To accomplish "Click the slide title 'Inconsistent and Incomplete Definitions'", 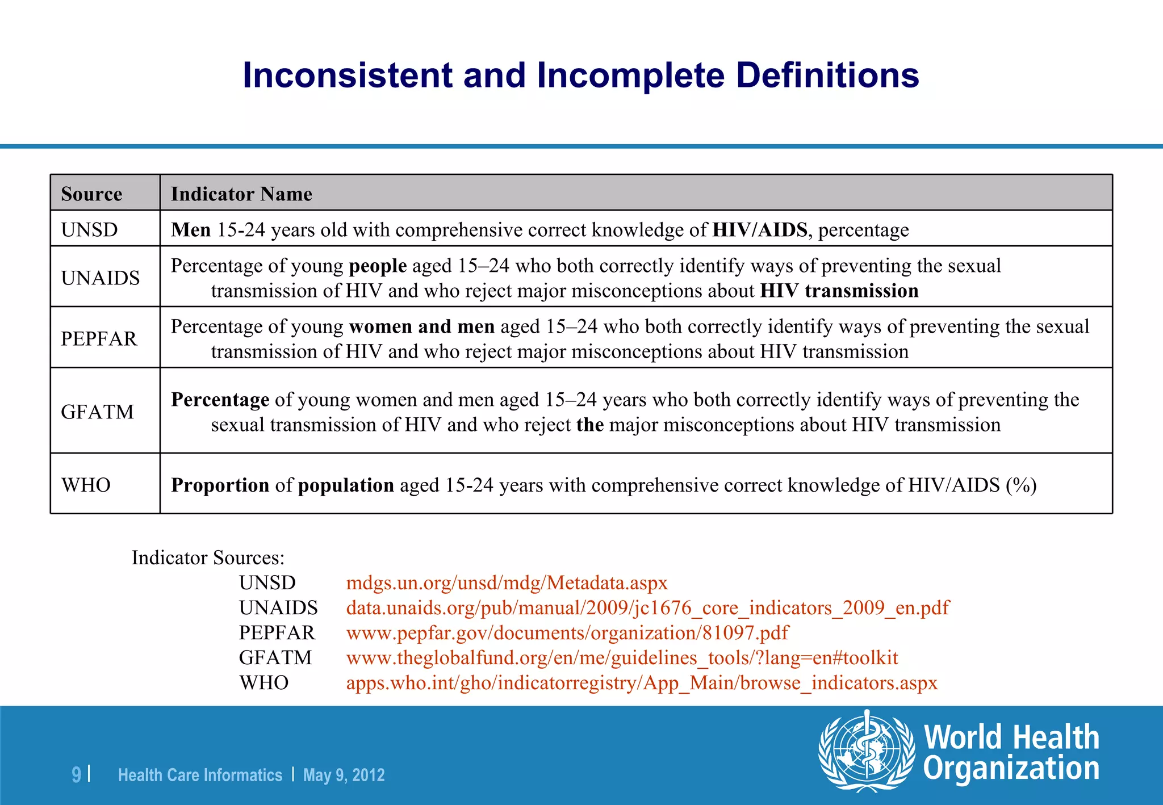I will (x=580, y=76).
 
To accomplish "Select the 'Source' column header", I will (x=91, y=194).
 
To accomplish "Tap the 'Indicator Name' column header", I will (x=241, y=194).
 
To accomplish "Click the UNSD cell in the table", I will (x=90, y=230).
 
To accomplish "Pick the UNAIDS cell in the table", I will (x=101, y=278).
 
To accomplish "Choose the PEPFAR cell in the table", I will (x=99, y=338).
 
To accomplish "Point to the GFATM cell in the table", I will (x=98, y=412).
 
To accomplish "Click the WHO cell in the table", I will (x=86, y=485).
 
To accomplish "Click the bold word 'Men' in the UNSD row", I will (x=191, y=230).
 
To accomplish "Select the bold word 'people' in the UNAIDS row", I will (x=378, y=266).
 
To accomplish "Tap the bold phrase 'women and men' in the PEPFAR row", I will (x=422, y=326).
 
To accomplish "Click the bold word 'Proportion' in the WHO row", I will (x=220, y=485).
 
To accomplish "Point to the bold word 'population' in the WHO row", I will (x=346, y=485).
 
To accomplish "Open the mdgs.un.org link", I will (x=507, y=582).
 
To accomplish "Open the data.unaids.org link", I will (x=647, y=607).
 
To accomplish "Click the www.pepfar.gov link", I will (x=567, y=632).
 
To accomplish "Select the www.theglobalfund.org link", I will (x=622, y=657).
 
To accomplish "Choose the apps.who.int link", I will (x=642, y=682).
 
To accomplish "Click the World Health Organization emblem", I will (x=866, y=751).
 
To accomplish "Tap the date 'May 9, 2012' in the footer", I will (x=344, y=775).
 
